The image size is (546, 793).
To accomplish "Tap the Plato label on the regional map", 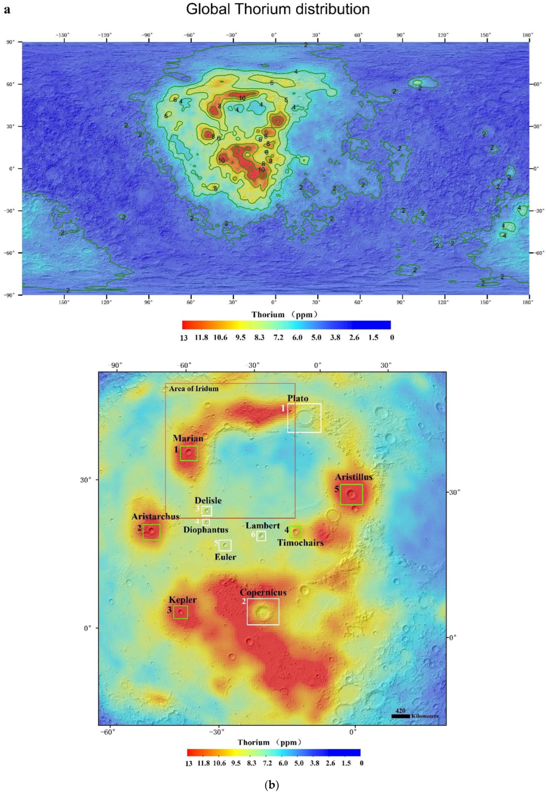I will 298,399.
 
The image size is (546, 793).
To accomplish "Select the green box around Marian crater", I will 189,454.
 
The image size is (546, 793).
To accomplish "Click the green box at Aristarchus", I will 151,532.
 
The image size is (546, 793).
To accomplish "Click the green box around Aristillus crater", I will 351,494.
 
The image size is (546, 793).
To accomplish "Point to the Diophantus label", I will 206,530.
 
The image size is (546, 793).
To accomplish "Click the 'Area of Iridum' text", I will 194,389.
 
